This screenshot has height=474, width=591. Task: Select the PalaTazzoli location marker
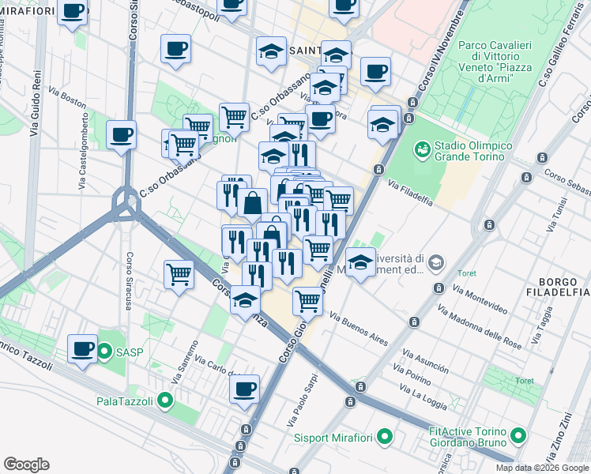[x=165, y=401]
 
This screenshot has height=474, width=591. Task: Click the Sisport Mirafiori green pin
[x=385, y=436]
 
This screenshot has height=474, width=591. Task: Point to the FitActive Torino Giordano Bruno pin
[x=519, y=435]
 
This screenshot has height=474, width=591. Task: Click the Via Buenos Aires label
[x=359, y=329]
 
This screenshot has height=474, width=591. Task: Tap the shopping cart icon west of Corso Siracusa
[x=179, y=275]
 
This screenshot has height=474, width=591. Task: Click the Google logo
[x=26, y=465]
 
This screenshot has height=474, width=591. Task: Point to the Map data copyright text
[x=541, y=468]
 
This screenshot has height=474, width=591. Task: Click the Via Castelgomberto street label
[x=83, y=150]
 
